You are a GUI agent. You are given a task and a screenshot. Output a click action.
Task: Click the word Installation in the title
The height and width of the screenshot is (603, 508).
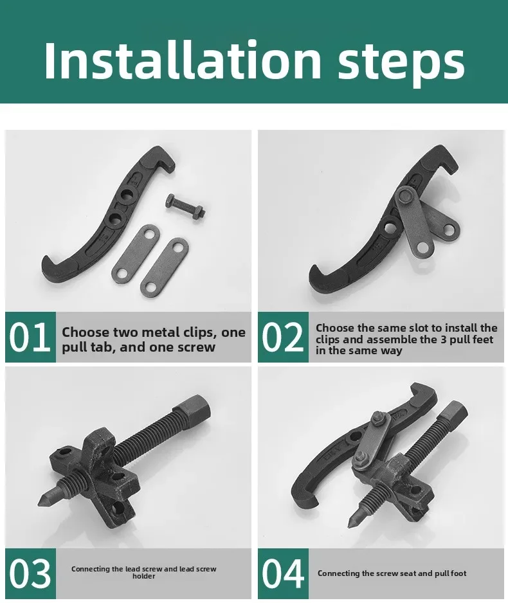point(183,60)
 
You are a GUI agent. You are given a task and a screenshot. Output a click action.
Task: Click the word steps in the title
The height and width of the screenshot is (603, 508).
point(401,64)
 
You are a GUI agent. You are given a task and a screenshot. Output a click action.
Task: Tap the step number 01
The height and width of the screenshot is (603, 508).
point(30,337)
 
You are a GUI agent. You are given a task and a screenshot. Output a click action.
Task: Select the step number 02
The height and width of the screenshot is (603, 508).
point(283,337)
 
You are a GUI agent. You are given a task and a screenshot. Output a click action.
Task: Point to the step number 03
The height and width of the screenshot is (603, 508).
point(30,573)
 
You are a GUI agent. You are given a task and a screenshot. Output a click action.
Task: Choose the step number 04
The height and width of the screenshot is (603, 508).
point(283,573)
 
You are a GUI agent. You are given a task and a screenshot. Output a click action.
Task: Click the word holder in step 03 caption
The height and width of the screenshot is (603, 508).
point(144,576)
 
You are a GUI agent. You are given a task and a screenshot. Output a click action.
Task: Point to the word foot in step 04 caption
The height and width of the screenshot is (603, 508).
point(458,573)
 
